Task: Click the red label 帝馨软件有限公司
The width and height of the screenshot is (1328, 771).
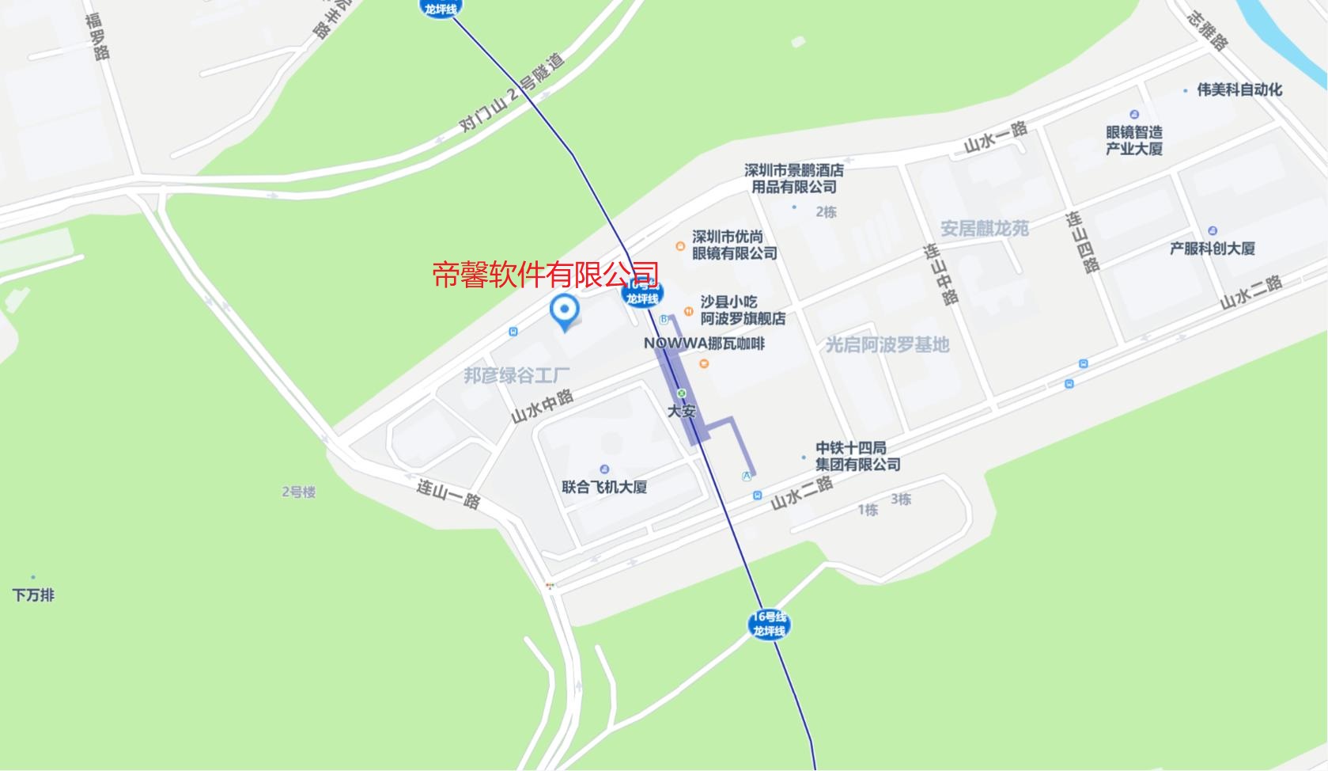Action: (545, 275)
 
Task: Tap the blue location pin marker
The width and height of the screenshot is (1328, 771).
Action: (564, 311)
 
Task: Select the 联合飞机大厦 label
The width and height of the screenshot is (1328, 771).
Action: (604, 487)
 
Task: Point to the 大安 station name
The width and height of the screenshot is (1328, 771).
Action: (681, 411)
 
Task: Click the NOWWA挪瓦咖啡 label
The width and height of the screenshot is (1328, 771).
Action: (704, 344)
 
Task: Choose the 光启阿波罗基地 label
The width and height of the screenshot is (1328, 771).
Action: (887, 345)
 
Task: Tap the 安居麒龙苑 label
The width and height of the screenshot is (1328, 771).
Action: (984, 229)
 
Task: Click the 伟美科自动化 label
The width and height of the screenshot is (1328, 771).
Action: (1239, 89)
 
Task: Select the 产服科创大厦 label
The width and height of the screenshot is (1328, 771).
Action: (1212, 249)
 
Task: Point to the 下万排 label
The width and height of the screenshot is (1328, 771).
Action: (33, 595)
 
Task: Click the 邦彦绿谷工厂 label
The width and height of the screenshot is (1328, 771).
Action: (516, 375)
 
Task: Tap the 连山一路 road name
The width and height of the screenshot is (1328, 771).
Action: (448, 492)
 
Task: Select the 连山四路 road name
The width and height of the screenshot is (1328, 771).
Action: (1082, 241)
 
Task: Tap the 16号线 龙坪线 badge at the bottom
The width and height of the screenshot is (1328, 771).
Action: (769, 624)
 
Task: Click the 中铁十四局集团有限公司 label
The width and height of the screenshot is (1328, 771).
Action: (857, 456)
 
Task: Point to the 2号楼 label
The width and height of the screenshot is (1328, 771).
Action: (298, 492)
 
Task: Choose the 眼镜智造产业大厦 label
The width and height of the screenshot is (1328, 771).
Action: (1133, 140)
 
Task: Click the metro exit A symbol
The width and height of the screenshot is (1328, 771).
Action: (746, 476)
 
